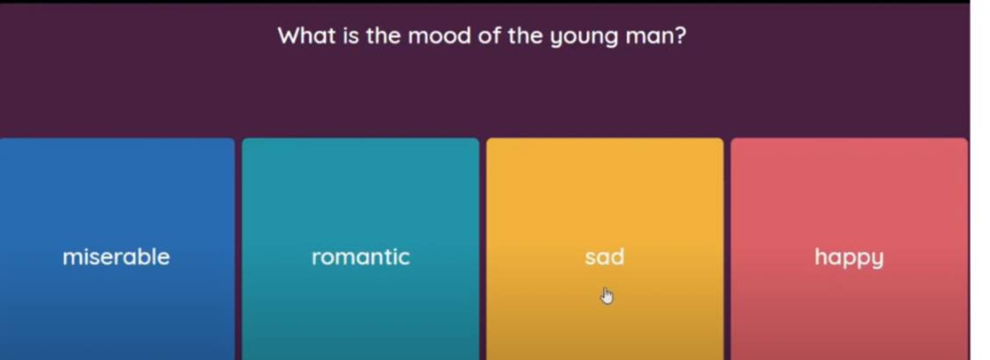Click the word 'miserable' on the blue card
(x=116, y=257)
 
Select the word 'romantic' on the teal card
(x=361, y=257)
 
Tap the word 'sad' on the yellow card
(x=604, y=257)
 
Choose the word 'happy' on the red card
(x=849, y=257)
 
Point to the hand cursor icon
(x=606, y=296)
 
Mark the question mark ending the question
(x=680, y=35)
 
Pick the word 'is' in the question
(x=350, y=35)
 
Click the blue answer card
(x=117, y=248)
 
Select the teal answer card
(x=361, y=248)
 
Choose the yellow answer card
(x=605, y=248)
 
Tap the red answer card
(x=850, y=248)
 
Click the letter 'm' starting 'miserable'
(x=71, y=258)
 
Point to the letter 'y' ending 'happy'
(x=877, y=260)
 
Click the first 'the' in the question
(x=384, y=35)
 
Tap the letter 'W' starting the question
(x=289, y=35)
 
